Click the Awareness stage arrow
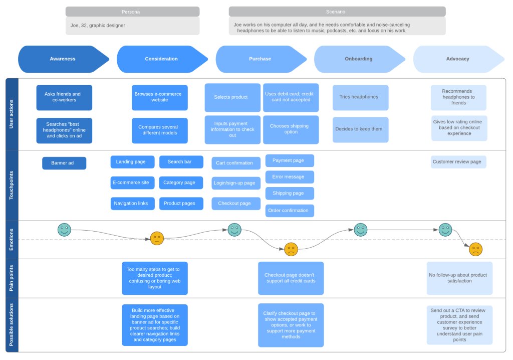(x=63, y=59)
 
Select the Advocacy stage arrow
(x=457, y=59)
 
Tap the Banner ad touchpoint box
(x=64, y=163)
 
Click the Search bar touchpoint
(x=181, y=162)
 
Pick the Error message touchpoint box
(x=290, y=177)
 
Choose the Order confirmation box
(x=290, y=211)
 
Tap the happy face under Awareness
(x=64, y=230)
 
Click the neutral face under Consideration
(x=157, y=238)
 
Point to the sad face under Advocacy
(x=475, y=249)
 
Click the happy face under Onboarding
(x=361, y=230)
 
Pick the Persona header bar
(x=132, y=12)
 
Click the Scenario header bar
(x=337, y=12)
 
